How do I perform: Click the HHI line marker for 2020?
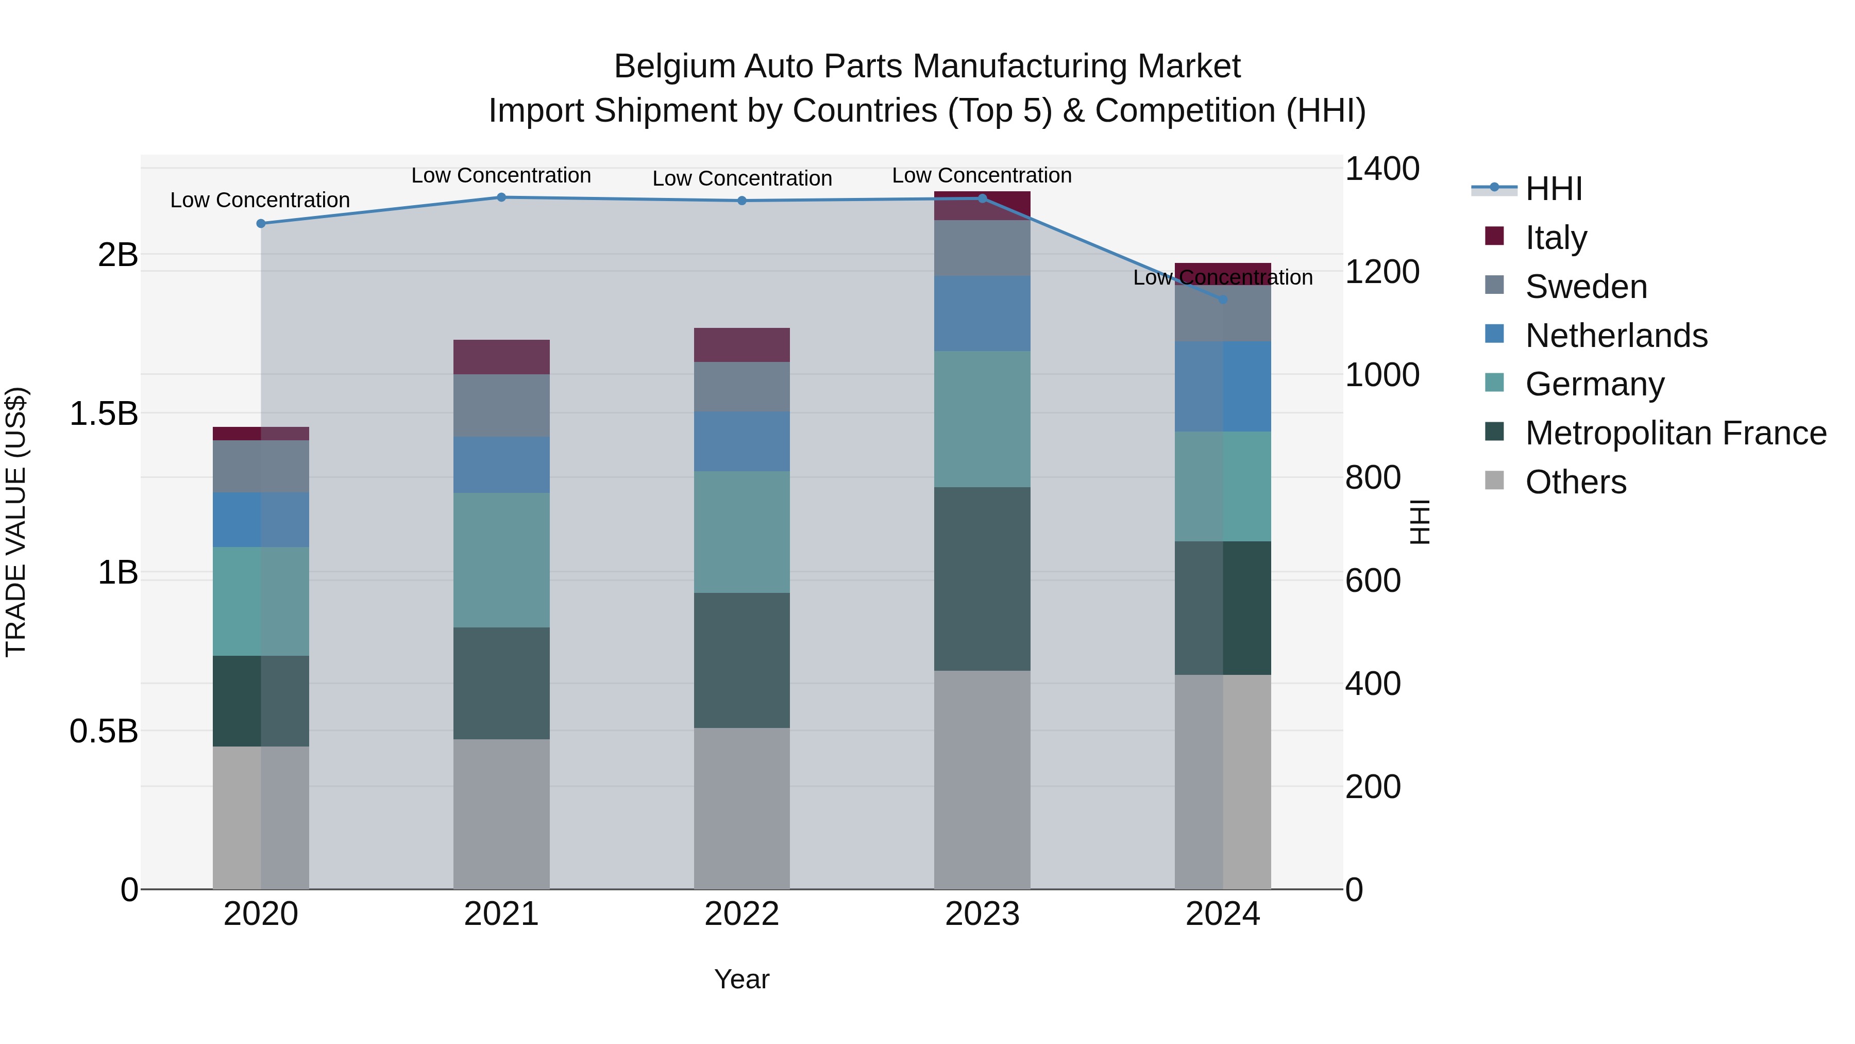pyautogui.click(x=261, y=223)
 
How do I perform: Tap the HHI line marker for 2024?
pyautogui.click(x=1222, y=299)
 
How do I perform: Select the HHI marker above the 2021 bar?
pyautogui.click(x=501, y=197)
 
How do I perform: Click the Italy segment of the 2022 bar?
pyautogui.click(x=741, y=344)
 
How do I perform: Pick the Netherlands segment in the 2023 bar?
pyautogui.click(x=982, y=313)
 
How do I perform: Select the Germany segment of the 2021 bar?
pyautogui.click(x=501, y=560)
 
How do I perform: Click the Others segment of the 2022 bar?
pyautogui.click(x=741, y=808)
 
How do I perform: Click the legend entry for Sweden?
pyautogui.click(x=1586, y=287)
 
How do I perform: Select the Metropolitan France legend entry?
pyautogui.click(x=1675, y=433)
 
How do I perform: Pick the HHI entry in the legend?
pyautogui.click(x=1553, y=189)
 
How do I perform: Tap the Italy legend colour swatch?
pyautogui.click(x=1494, y=236)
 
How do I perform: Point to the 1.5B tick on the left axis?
pyautogui.click(x=104, y=413)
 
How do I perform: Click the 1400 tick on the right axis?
pyautogui.click(x=1381, y=169)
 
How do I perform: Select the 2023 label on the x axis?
pyautogui.click(x=982, y=914)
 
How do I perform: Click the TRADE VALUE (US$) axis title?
pyautogui.click(x=16, y=522)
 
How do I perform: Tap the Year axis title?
pyautogui.click(x=741, y=979)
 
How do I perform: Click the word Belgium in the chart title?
pyautogui.click(x=674, y=67)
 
